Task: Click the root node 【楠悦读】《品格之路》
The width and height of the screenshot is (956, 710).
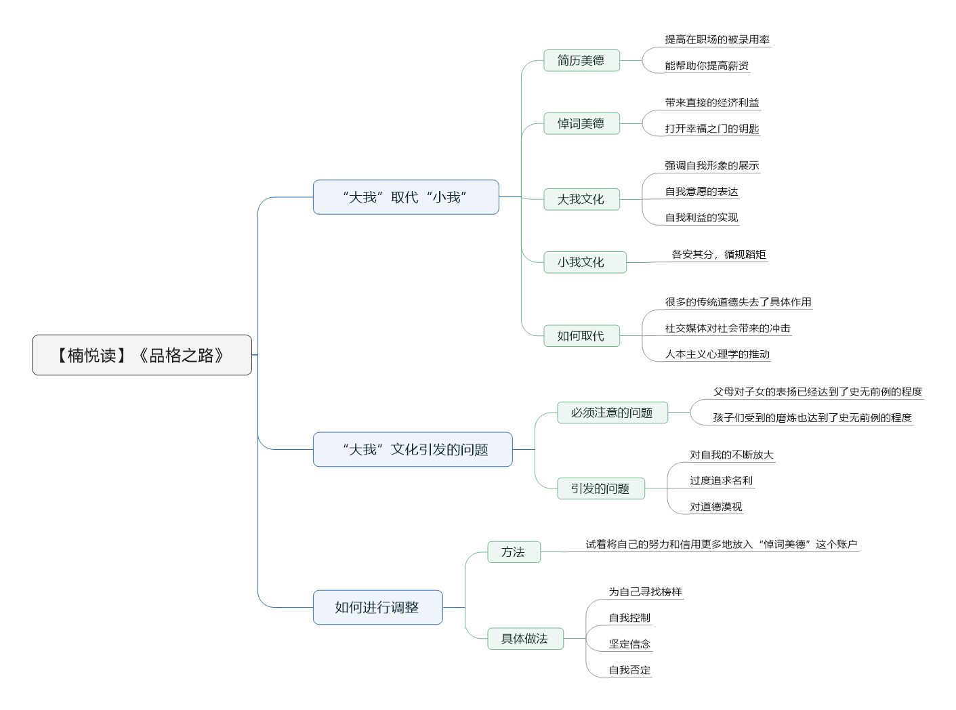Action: [x=142, y=355]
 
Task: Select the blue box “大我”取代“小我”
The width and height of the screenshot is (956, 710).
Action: [x=406, y=197]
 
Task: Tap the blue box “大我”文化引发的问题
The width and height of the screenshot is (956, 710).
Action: [x=413, y=449]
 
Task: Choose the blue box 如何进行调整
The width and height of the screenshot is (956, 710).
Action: [x=377, y=607]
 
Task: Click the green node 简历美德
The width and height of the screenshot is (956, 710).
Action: [x=581, y=60]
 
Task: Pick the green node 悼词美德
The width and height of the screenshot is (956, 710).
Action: [x=581, y=123]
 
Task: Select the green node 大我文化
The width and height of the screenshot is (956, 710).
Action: [x=581, y=199]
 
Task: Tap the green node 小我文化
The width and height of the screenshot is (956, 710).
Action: [x=585, y=262]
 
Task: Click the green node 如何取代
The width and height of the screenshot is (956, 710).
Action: [x=581, y=336]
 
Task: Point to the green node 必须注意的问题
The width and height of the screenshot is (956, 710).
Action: [x=612, y=413]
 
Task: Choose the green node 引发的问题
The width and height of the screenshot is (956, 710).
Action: [x=601, y=488]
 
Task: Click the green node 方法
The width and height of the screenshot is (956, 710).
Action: [x=514, y=551]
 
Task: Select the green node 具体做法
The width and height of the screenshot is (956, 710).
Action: [x=525, y=638]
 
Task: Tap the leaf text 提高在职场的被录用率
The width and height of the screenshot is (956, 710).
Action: [x=717, y=40]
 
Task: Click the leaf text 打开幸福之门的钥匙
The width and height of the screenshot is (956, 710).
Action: [x=711, y=129]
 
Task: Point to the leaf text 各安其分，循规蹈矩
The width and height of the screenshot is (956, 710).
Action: [x=718, y=254]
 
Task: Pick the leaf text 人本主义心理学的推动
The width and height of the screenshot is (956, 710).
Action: [x=717, y=354]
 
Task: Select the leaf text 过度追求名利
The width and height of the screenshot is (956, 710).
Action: [x=721, y=480]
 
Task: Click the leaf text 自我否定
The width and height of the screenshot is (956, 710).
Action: [x=629, y=669]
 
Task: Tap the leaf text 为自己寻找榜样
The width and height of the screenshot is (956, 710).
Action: [x=645, y=591]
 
